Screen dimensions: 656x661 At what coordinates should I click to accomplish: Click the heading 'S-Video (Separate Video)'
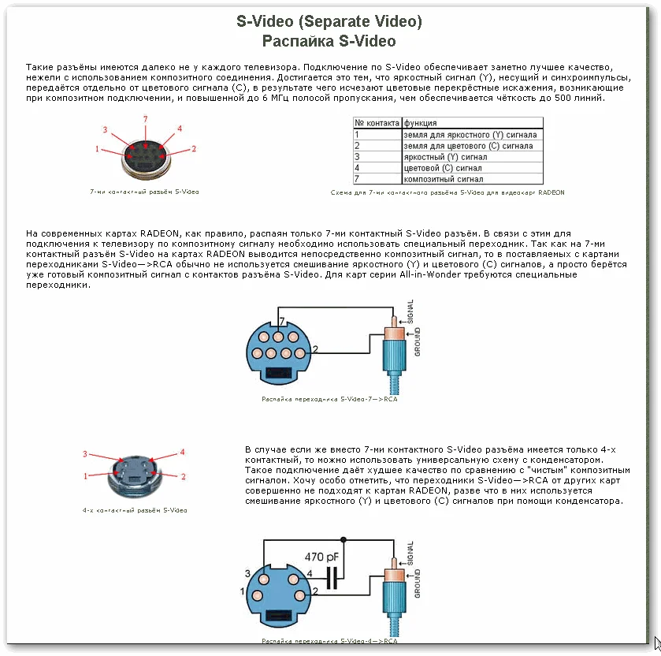329,21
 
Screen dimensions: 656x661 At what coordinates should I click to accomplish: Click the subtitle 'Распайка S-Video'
329,41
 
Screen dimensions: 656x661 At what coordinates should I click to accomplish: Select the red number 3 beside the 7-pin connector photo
105,129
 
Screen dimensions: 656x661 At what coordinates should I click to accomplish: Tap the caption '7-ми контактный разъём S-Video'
143,192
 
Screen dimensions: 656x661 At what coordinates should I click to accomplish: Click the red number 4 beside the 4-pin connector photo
181,453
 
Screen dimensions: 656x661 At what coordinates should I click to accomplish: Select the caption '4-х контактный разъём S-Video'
135,511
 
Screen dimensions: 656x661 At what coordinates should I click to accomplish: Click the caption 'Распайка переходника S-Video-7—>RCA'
329,400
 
